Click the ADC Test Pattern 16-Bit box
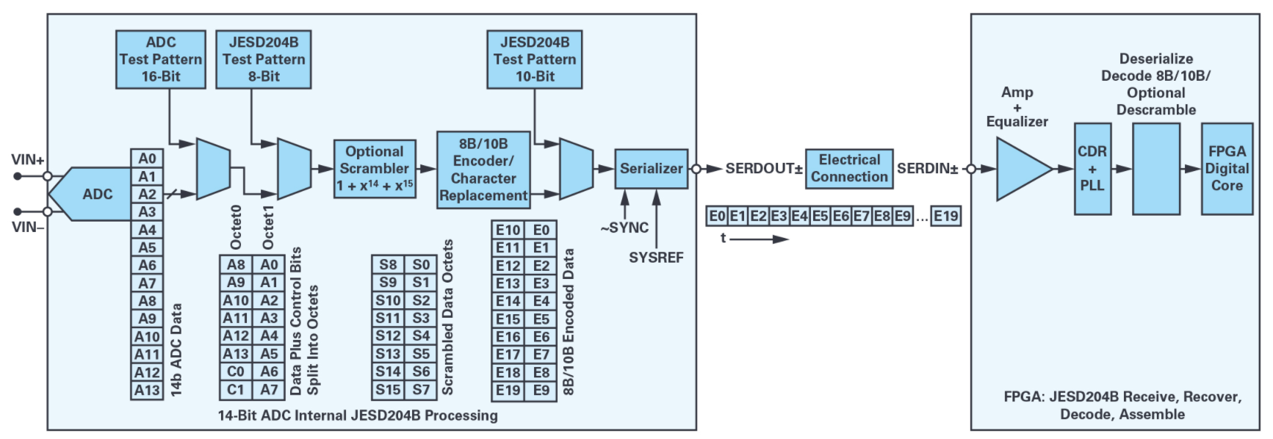(x=160, y=59)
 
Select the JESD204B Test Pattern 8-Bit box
(x=263, y=59)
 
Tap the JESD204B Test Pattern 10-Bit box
(x=534, y=59)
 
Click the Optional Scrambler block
(x=375, y=169)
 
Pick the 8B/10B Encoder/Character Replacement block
(x=483, y=170)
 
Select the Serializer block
(x=651, y=169)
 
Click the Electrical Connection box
(x=849, y=169)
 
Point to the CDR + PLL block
(x=1092, y=169)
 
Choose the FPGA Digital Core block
(x=1227, y=169)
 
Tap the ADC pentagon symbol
(x=92, y=194)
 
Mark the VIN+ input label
(x=28, y=160)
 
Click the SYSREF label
(x=656, y=258)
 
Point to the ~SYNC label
(x=624, y=228)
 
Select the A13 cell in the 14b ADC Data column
(x=147, y=391)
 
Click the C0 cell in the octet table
(x=236, y=371)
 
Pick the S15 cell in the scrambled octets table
(x=388, y=390)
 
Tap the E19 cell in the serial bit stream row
(x=945, y=216)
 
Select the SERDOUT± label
(x=763, y=169)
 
